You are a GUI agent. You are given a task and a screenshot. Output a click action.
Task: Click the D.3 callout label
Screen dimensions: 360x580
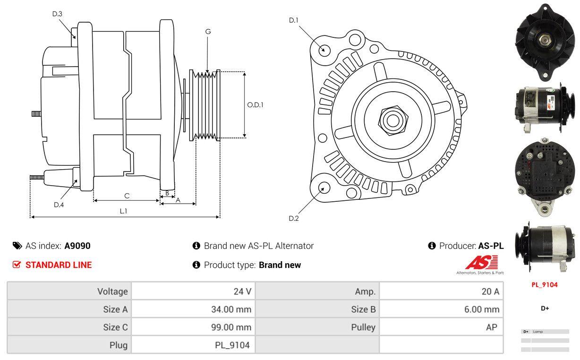57,14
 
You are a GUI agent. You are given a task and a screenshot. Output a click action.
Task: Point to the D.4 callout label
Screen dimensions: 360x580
59,205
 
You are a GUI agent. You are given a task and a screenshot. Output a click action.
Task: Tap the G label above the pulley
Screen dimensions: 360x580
208,32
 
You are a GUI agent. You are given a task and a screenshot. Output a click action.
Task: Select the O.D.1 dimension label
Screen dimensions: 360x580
255,105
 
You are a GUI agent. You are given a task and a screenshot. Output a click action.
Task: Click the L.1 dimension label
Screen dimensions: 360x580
123,211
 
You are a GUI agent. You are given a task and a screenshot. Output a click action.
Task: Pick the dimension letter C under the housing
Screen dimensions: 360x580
127,196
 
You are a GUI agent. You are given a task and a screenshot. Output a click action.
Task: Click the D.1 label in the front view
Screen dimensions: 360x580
294,20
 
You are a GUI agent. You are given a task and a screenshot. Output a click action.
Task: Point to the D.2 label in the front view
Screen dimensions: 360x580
294,218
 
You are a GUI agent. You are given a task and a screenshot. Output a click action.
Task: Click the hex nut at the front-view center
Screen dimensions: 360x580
392,120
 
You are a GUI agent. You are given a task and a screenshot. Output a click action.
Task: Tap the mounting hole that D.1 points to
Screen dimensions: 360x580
324,49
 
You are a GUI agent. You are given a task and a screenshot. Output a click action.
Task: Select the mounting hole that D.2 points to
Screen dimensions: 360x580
324,188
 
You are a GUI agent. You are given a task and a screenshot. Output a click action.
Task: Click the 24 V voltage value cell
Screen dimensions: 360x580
242,291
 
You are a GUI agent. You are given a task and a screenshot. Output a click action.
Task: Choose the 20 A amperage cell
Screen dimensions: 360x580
490,291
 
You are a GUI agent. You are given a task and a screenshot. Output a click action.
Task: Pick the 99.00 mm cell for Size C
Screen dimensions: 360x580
231,327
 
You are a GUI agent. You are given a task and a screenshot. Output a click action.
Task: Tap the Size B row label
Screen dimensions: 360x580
363,309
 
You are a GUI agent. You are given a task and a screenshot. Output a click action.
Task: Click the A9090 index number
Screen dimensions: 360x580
77,246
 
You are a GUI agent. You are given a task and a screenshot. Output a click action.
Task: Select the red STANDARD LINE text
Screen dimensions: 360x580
59,265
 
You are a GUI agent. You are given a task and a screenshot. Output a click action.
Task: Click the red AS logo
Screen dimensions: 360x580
481,262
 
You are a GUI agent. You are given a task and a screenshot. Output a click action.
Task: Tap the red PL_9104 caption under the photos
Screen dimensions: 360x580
545,285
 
